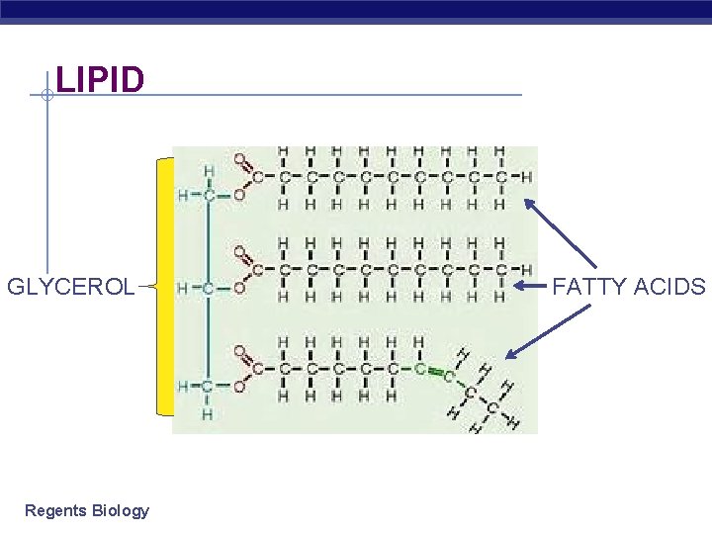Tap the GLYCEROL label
[71, 287]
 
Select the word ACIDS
[671, 287]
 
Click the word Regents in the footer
[55, 510]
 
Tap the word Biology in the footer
[121, 510]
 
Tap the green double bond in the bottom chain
[432, 372]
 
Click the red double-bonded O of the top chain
[239, 158]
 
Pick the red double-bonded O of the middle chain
[239, 251]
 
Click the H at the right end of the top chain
[526, 178]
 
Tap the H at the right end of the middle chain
[526, 270]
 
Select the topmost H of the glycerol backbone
[208, 171]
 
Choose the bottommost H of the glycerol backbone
[208, 414]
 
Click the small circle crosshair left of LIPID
[46, 95]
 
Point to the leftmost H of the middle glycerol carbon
[183, 289]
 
